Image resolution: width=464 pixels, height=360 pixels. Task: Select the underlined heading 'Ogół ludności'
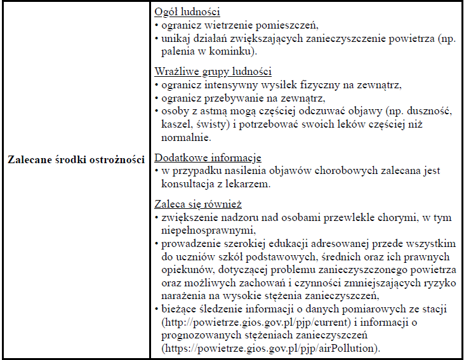point(187,13)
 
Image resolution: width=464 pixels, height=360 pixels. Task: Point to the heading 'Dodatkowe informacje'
point(208,157)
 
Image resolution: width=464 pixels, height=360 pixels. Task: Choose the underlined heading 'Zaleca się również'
point(198,204)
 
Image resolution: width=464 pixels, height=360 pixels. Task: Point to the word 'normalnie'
point(185,137)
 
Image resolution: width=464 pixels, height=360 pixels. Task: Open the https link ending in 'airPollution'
point(270,348)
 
